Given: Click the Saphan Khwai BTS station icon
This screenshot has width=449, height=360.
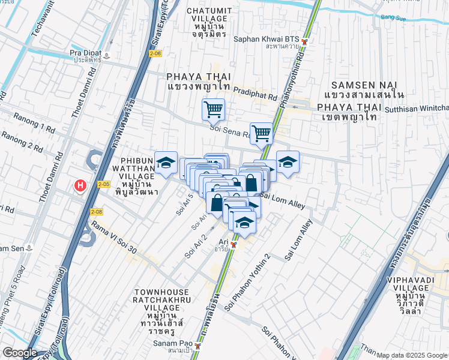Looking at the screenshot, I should pos(305,41).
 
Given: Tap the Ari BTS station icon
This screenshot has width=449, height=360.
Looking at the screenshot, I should pos(235,245).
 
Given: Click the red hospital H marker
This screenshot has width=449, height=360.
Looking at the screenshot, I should pos(80,186).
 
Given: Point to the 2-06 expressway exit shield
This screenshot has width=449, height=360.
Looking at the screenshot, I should pos(156,54).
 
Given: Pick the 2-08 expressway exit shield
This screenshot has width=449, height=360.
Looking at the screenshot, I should pos(95,212).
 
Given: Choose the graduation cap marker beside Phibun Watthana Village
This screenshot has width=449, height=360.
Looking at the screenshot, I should pos(166,162).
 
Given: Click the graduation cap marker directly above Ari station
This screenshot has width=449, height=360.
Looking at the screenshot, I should pos(244,223).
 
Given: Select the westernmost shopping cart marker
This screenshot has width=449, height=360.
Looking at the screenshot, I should pos(213,110).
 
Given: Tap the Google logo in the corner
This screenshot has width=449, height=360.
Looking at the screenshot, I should pos(19,352).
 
